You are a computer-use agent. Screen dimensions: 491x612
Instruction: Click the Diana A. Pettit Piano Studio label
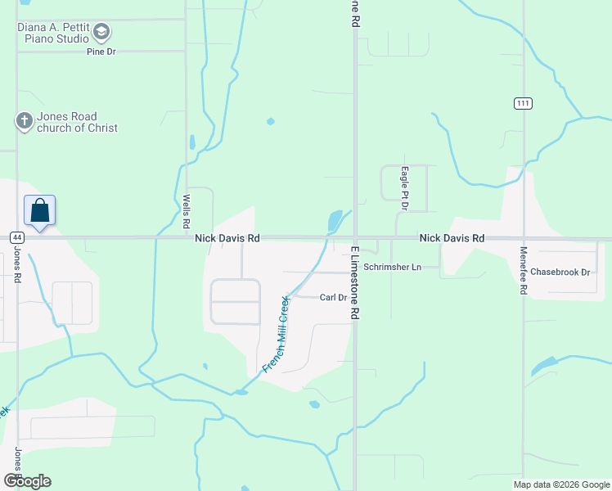[52, 33]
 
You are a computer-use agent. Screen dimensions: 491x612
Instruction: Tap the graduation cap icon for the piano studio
[101, 33]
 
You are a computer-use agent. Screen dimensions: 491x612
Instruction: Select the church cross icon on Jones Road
[25, 122]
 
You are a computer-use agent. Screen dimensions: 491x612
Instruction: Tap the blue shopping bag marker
[40, 211]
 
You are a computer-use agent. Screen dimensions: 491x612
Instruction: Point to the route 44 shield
[16, 237]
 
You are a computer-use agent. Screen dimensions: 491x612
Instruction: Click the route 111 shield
[524, 102]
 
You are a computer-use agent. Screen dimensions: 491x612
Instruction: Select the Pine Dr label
[102, 52]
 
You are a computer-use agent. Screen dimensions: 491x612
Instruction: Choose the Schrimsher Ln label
[392, 267]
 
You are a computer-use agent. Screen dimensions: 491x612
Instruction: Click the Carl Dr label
[334, 298]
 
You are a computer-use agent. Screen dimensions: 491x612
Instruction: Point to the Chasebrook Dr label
[560, 272]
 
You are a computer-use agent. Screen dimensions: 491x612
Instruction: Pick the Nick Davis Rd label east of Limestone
[452, 238]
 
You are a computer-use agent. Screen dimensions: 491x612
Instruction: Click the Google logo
[27, 481]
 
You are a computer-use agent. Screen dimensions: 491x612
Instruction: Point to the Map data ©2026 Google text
[560, 484]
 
